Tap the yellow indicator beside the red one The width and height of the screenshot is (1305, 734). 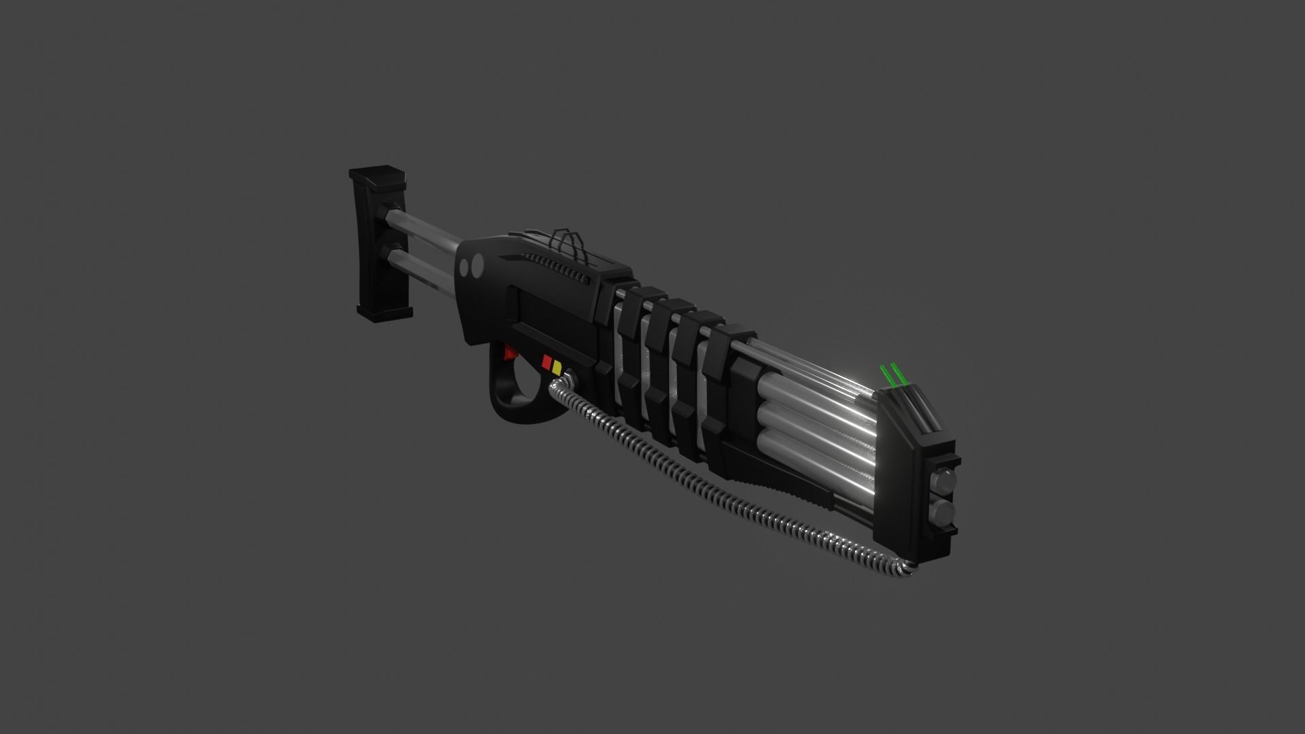(557, 368)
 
